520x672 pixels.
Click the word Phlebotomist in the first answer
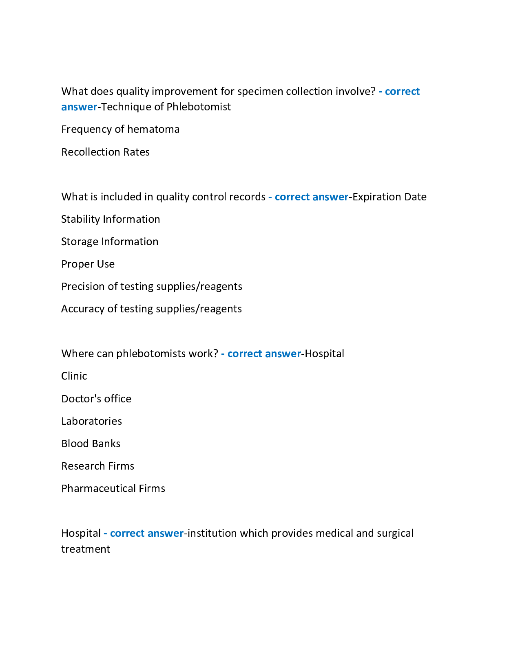point(199,107)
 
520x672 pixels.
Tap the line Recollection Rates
point(105,152)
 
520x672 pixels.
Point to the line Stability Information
point(111,219)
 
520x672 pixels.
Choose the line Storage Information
point(110,242)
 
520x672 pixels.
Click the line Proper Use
point(88,264)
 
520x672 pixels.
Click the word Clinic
point(74,376)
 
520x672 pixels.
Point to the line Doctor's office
point(96,399)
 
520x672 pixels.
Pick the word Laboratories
point(91,421)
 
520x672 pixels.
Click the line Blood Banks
point(91,444)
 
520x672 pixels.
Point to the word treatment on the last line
point(86,549)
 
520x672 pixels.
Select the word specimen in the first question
point(260,91)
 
